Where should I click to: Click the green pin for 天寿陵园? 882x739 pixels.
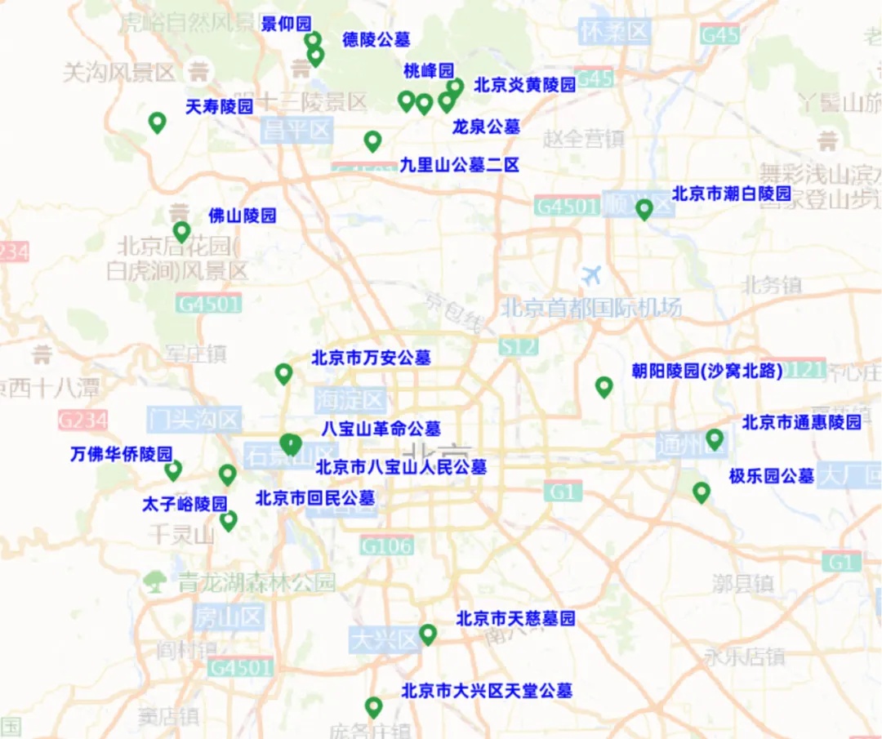157,122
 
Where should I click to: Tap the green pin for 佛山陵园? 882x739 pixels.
181,232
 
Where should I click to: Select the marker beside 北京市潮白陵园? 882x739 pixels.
644,209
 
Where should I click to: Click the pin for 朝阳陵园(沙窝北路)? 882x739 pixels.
604,386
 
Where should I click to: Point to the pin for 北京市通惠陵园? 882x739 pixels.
715,439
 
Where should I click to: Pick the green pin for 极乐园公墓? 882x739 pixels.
701,492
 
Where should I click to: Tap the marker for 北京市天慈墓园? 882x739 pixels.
428,634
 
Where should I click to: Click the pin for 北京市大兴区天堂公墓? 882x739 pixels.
373,706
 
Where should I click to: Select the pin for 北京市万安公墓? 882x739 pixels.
283,373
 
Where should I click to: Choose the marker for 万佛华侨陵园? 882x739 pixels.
172,470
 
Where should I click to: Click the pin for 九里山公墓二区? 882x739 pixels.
372,141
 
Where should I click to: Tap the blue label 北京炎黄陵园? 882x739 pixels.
524,84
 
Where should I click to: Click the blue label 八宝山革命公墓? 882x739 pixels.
381,428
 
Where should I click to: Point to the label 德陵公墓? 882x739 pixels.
376,39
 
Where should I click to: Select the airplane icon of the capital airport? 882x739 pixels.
592,275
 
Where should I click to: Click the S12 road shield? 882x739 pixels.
519,346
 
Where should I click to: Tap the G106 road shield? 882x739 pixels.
386,545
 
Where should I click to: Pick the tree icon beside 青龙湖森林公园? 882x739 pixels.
154,581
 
